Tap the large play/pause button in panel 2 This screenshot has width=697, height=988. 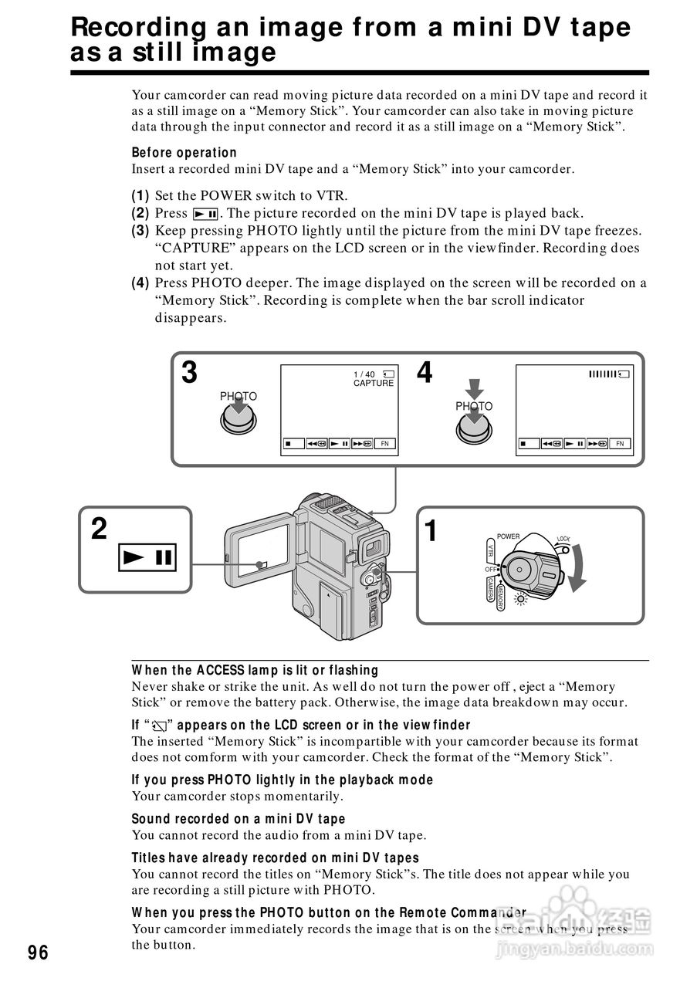[x=147, y=556]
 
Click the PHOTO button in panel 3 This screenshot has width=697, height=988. [x=239, y=418]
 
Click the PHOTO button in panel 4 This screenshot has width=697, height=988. [x=474, y=426]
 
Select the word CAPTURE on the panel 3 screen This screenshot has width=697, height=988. [x=374, y=384]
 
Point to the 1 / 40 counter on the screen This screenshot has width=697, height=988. [x=364, y=374]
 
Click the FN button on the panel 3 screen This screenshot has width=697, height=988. [x=385, y=444]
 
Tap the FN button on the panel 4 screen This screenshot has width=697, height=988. [x=619, y=444]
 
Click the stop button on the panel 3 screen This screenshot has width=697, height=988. [x=289, y=444]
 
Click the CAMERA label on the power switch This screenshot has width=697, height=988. [x=490, y=591]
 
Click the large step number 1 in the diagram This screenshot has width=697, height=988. [x=431, y=531]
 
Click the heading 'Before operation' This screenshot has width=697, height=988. [x=184, y=153]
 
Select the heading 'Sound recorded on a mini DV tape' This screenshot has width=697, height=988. [x=239, y=819]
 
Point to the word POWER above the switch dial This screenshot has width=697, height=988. [x=508, y=536]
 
